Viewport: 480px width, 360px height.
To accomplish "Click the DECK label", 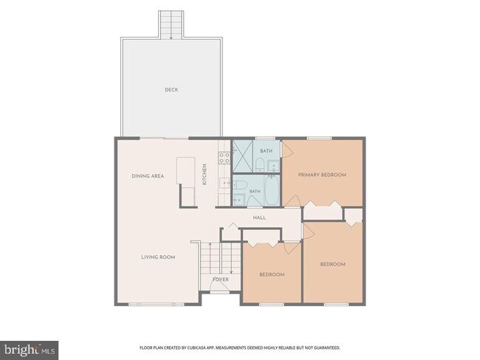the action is click(171, 89).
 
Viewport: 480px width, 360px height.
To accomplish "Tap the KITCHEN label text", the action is click(205, 174).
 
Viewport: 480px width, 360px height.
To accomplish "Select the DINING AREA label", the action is click(148, 176).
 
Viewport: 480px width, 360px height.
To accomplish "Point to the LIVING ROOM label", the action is click(158, 257).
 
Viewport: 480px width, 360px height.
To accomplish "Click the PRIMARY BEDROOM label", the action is click(323, 175).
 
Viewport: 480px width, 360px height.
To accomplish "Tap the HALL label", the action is click(259, 218).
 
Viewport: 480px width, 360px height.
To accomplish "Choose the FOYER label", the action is click(221, 280).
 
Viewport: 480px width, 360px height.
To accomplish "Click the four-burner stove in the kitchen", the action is click(224, 158).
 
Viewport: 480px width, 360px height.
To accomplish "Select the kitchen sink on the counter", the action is click(224, 183).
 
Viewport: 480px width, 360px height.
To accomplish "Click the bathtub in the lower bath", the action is click(272, 190).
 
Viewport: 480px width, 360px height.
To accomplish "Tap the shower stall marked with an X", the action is click(242, 156).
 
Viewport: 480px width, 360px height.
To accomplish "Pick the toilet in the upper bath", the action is click(260, 165).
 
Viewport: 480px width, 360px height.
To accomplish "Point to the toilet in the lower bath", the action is click(240, 185).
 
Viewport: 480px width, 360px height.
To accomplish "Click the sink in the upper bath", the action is click(273, 166).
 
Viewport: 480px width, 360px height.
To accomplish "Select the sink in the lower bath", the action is click(239, 200).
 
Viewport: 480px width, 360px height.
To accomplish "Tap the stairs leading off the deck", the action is click(171, 24).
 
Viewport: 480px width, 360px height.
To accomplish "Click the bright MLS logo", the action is click(29, 350).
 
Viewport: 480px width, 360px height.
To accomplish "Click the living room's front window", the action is click(156, 305).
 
